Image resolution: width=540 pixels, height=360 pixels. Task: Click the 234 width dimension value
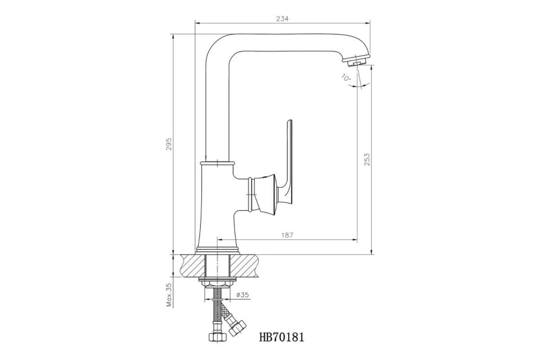click(282, 19)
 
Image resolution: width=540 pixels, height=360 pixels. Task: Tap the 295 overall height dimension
click(169, 144)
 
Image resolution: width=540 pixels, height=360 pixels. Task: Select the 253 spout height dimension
click(367, 159)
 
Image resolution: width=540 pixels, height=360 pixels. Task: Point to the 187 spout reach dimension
click(287, 235)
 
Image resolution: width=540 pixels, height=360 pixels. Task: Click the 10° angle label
click(346, 77)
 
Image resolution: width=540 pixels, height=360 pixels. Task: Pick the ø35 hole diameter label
click(243, 295)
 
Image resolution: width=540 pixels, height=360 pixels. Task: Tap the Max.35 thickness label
click(169, 295)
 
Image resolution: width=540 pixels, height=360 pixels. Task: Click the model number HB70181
click(282, 337)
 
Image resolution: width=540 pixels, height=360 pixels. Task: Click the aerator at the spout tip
click(356, 60)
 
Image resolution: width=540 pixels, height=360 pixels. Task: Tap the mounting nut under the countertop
click(217, 283)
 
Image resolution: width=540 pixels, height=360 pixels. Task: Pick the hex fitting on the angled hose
click(237, 328)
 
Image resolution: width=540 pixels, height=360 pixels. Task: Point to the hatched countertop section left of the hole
click(193, 265)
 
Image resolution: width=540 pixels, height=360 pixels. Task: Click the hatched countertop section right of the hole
click(244, 265)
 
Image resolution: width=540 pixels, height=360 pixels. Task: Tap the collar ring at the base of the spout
click(217, 163)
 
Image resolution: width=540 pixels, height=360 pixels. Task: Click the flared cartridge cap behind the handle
click(264, 194)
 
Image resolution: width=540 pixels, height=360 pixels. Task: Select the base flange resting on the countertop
click(217, 251)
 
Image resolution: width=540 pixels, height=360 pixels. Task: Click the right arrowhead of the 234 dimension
click(369, 23)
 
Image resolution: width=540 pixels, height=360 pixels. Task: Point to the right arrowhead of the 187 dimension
click(355, 240)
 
